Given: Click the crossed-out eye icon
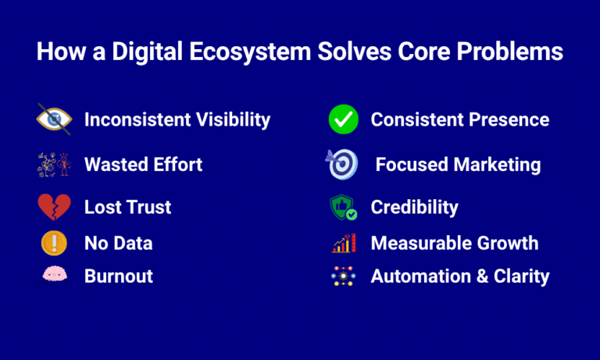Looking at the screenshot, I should point(54,119).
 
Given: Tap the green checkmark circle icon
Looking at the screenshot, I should point(343,119).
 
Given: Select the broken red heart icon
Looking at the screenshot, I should point(54,207).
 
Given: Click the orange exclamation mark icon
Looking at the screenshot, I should point(54,243).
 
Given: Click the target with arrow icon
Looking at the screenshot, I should point(342,164).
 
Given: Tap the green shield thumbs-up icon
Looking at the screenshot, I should point(343,208).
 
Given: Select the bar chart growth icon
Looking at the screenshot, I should point(343,243).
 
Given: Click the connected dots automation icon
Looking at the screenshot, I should point(343,276).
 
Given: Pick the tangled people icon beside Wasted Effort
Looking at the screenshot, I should point(54,164).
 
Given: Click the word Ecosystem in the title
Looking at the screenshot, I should point(248,52).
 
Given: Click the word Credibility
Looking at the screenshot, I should point(414,207).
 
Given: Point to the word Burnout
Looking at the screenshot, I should point(119,276).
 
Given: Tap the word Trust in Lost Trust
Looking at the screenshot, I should point(148,207).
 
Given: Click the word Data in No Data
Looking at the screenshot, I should point(133,243).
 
